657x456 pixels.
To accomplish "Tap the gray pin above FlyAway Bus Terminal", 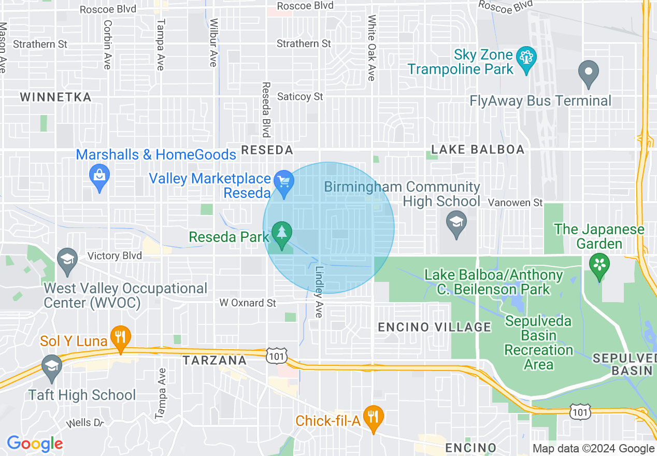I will (588, 72).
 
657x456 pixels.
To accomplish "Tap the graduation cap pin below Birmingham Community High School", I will (456, 223).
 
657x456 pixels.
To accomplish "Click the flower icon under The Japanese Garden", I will (599, 265).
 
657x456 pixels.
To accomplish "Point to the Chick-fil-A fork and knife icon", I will (372, 416).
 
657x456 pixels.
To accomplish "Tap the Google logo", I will (35, 444).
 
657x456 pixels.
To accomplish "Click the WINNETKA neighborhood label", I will (55, 97).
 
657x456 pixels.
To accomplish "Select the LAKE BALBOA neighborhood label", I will (478, 150).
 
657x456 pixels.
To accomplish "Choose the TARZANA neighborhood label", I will (215, 360).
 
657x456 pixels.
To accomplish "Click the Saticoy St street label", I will (300, 97).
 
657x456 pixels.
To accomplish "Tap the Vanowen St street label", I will (515, 203).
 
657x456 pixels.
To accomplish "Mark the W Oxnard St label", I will (248, 303).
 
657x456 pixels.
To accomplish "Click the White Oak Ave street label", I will (372, 48).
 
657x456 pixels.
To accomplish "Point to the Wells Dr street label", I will (85, 423).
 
